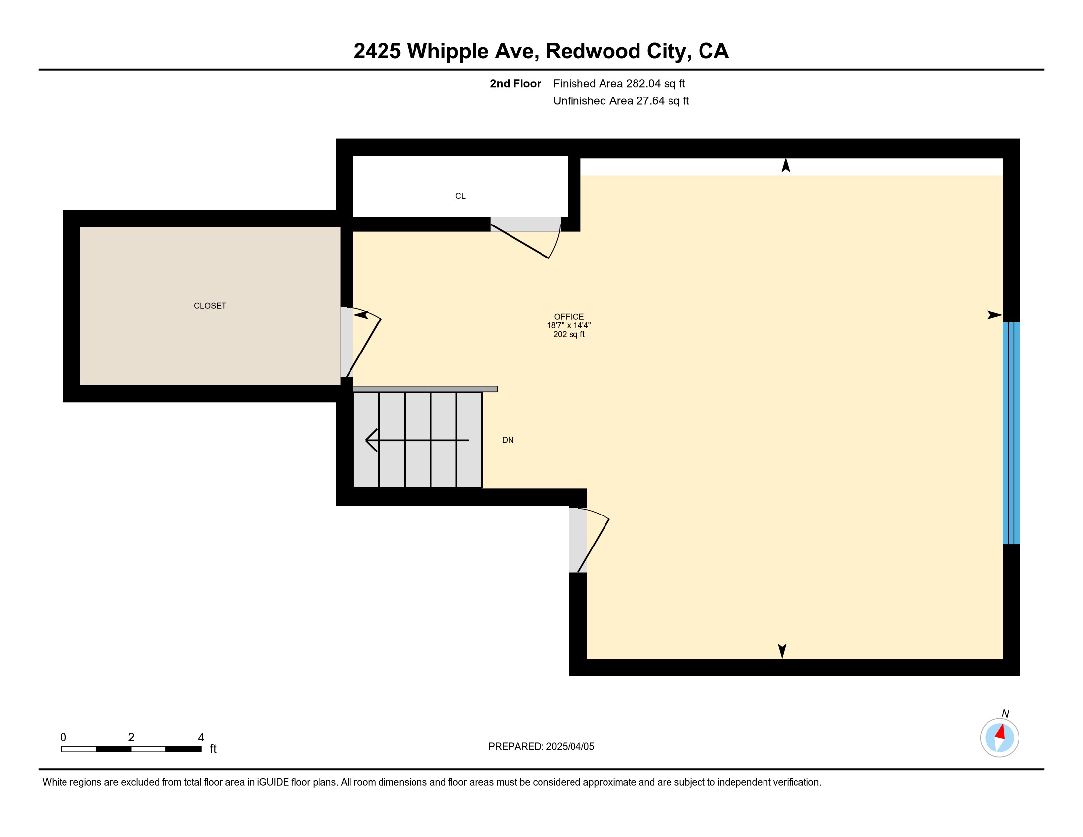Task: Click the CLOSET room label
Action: click(210, 306)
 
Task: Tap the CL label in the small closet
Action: click(460, 196)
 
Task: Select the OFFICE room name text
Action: click(569, 317)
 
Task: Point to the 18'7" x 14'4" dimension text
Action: click(569, 325)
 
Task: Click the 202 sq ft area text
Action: click(569, 334)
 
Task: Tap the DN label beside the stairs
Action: click(508, 440)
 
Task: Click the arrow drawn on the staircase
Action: click(417, 440)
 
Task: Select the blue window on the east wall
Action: click(1011, 433)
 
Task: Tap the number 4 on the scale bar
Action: click(201, 738)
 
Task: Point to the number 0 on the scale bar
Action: click(63, 738)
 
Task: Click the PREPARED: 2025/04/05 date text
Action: click(541, 747)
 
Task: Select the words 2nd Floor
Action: click(515, 84)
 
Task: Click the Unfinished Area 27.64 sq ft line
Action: click(621, 101)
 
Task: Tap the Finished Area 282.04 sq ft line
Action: click(619, 84)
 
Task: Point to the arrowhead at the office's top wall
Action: click(786, 165)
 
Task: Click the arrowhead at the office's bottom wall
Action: click(782, 651)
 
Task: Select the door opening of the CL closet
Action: click(526, 224)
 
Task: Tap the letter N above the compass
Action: click(1005, 713)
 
